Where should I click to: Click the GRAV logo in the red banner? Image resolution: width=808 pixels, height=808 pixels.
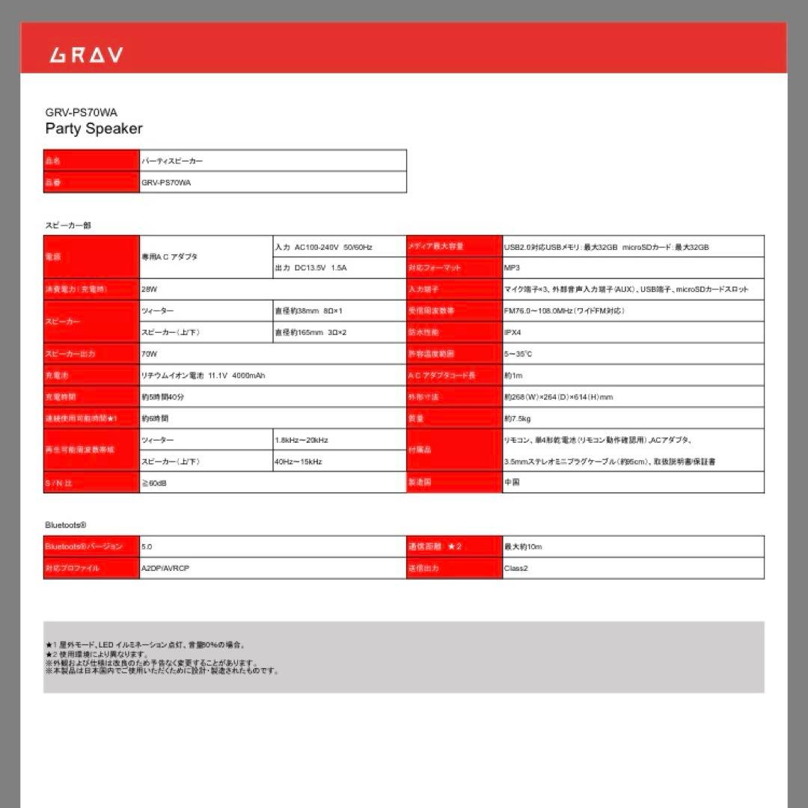click(86, 55)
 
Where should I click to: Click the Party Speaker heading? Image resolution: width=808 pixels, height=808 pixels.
click(94, 129)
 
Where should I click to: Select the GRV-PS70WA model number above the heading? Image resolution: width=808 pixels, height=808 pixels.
click(81, 112)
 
